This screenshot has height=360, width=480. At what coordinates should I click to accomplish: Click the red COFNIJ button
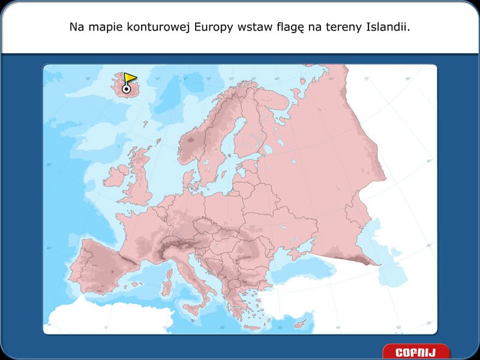click(x=415, y=352)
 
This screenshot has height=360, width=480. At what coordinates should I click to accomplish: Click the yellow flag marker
click(x=130, y=78)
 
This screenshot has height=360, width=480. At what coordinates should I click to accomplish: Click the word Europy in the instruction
click(x=218, y=27)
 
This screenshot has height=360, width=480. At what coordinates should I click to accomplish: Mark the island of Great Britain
click(x=142, y=180)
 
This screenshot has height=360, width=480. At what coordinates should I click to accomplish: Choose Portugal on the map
click(x=79, y=264)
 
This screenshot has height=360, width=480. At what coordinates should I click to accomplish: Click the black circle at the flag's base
click(x=127, y=89)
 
